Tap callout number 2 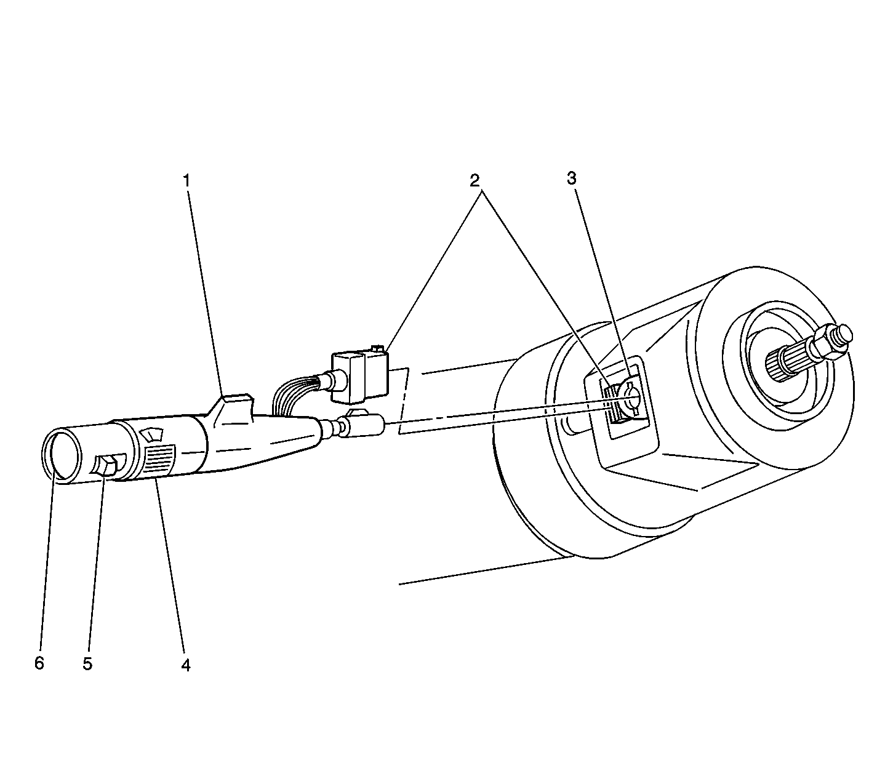coord(474,180)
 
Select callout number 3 coord(572,178)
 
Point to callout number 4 coord(185,664)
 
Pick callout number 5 coord(87,663)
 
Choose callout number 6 coord(39,663)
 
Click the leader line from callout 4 coord(170,566)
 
